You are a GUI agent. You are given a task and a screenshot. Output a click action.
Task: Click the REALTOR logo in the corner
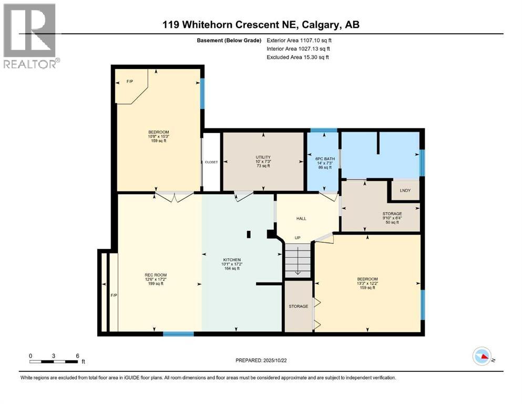tap(29, 35)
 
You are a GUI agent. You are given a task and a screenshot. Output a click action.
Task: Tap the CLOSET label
tap(211, 162)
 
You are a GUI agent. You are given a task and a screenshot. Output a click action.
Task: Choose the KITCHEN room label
tap(231, 260)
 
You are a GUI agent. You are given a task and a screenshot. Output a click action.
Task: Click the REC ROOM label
tap(156, 274)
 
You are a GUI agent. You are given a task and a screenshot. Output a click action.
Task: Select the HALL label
tap(301, 218)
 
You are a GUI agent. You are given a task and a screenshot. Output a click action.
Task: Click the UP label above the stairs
tap(298, 238)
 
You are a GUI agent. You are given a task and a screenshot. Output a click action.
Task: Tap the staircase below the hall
tap(298, 260)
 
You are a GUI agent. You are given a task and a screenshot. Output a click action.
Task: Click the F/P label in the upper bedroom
tap(130, 82)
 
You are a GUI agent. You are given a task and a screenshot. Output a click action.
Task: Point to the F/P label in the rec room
tap(113, 295)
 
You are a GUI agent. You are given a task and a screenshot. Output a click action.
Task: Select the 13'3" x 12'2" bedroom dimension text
tap(367, 283)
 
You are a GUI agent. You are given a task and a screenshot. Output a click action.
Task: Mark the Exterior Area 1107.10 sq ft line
tap(299, 39)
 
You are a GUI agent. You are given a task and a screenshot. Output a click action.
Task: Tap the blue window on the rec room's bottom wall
tap(178, 334)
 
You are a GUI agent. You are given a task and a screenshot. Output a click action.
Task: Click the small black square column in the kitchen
tap(249, 235)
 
